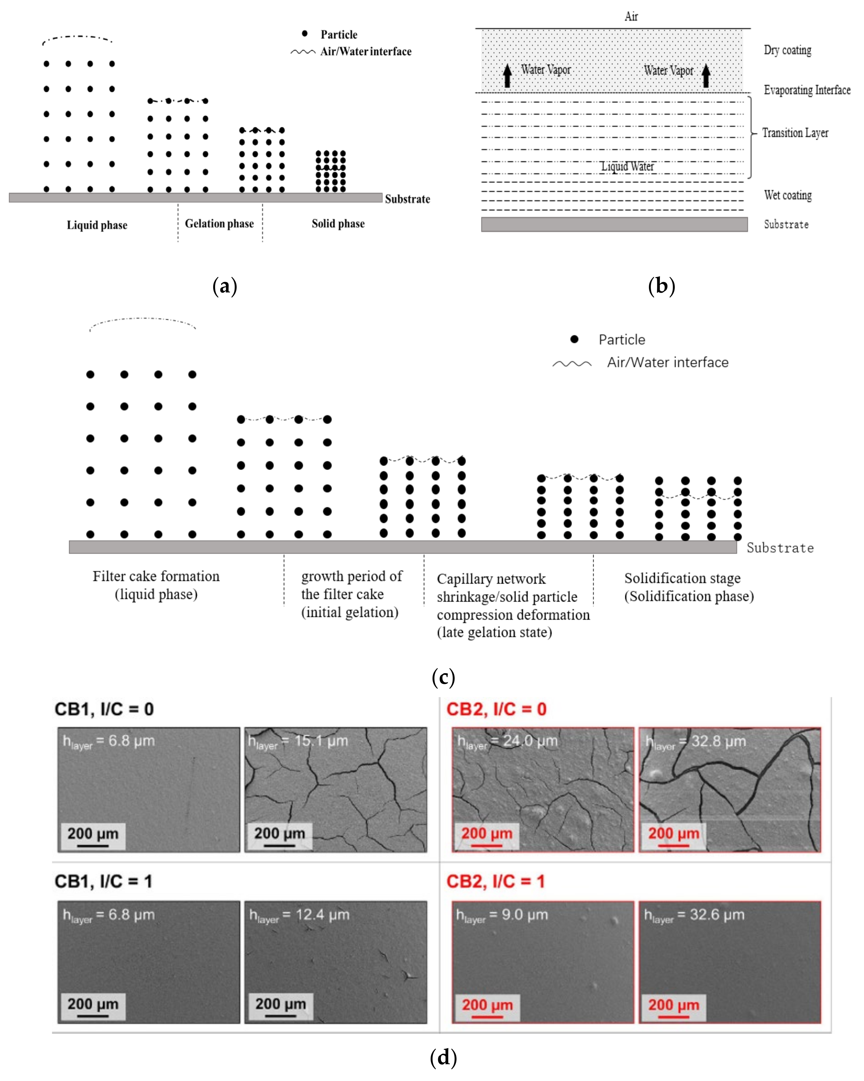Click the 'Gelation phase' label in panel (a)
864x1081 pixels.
tap(219, 224)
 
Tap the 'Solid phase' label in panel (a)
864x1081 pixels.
tap(338, 224)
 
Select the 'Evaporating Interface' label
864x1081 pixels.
tap(807, 90)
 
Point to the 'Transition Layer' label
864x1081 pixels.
tap(795, 133)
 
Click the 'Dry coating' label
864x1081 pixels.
tap(787, 50)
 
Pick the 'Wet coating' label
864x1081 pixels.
tap(788, 195)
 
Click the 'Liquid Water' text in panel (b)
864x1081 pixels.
tap(628, 166)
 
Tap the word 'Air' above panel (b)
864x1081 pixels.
tap(631, 17)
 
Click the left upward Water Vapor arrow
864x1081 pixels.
tap(507, 76)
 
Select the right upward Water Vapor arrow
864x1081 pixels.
tap(706, 76)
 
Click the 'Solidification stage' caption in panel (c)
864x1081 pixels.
tap(682, 578)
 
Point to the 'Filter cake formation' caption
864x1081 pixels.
tap(156, 576)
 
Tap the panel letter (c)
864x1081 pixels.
tap(443, 677)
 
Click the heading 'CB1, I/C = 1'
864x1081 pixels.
tap(103, 882)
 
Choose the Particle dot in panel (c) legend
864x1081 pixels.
tap(574, 339)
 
